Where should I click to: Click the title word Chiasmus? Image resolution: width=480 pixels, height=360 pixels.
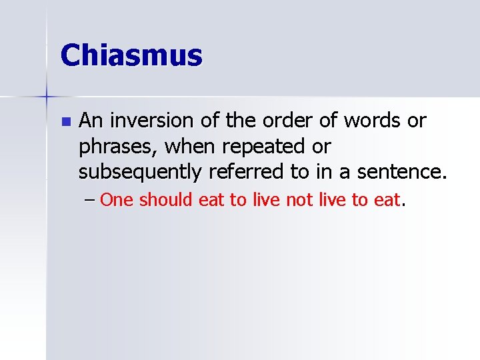click(x=131, y=55)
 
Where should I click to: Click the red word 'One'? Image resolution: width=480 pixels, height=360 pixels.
click(x=117, y=200)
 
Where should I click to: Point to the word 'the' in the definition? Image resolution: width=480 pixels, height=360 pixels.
click(x=236, y=121)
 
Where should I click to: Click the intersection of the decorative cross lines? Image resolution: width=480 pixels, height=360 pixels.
click(x=47, y=97)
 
